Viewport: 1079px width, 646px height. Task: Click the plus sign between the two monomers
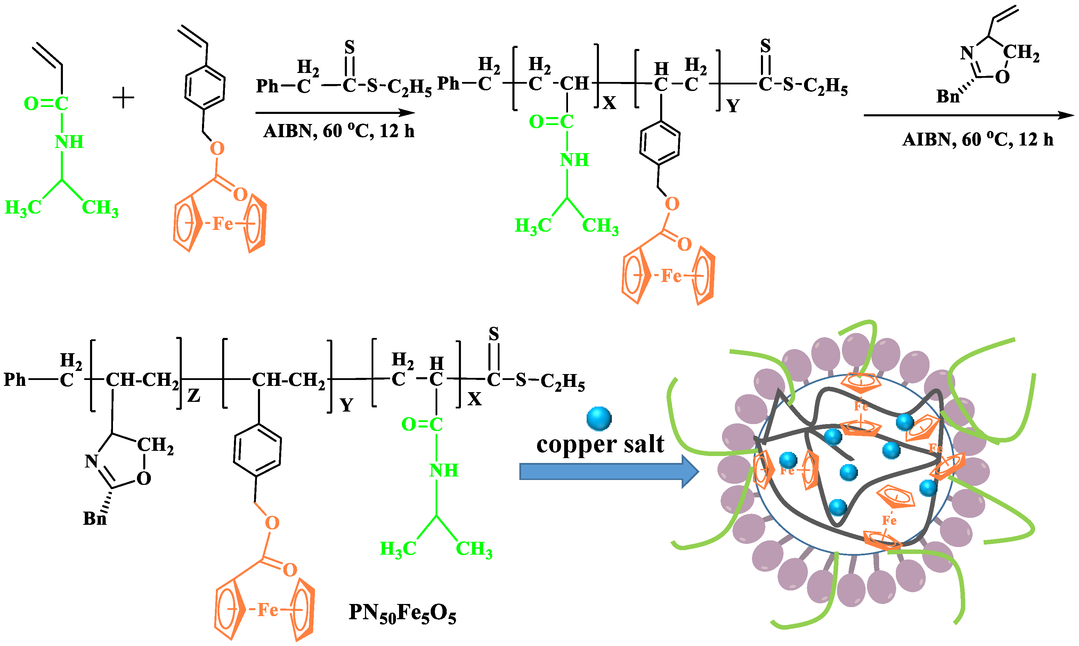point(123,98)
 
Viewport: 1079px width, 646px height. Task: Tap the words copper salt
point(600,445)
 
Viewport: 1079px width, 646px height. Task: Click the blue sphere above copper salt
point(599,418)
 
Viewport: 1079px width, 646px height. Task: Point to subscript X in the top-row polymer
point(609,103)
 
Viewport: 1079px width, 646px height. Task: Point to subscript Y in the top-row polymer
point(733,106)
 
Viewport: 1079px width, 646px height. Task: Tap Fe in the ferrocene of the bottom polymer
point(267,610)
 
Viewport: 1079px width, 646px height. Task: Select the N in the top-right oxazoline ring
point(967,53)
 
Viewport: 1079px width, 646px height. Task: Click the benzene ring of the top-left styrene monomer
point(205,88)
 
